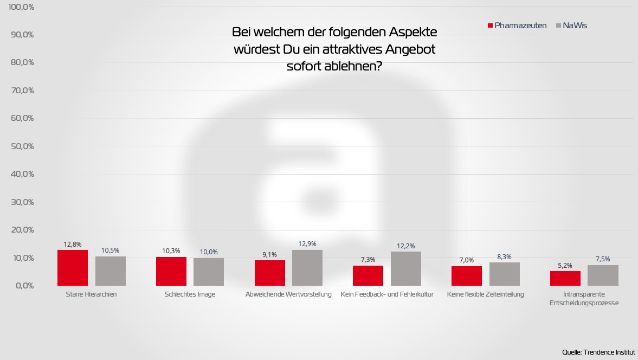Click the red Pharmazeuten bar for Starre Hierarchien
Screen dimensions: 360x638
73,268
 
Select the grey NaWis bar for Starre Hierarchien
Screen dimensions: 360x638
111,271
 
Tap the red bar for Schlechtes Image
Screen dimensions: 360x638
171,271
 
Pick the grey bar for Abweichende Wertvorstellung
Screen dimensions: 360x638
307,268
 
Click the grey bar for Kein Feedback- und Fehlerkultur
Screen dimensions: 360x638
406,268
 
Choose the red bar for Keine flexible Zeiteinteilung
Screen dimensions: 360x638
467,276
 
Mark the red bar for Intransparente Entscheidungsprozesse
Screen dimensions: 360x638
565,278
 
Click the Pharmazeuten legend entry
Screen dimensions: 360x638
517,25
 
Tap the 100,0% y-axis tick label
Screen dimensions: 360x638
21,7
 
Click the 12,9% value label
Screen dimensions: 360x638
307,244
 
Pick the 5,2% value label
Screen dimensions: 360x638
565,265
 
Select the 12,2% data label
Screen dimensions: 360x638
406,246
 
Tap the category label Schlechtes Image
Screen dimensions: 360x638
190,294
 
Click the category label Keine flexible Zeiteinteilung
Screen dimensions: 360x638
486,294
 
